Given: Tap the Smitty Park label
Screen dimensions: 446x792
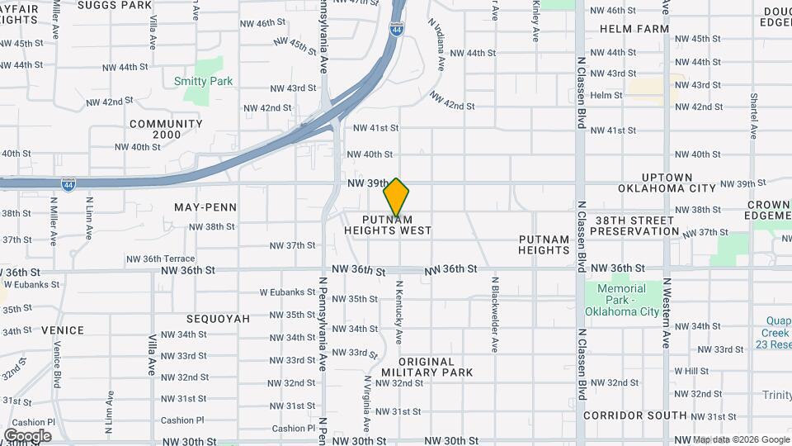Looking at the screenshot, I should click(203, 81).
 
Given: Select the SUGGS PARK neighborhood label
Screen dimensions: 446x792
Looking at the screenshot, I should click(126, 5).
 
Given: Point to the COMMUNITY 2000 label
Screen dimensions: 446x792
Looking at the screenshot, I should click(166, 129).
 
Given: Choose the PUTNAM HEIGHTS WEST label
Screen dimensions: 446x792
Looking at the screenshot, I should click(388, 225).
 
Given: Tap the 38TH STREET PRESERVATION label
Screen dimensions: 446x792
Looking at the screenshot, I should click(626, 225).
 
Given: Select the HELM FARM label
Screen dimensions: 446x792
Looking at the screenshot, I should click(634, 29).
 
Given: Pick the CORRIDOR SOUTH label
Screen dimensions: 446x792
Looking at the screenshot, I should click(634, 415).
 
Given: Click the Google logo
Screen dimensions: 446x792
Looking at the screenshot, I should click(27, 435).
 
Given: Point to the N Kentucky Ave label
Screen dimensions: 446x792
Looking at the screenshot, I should click(399, 313).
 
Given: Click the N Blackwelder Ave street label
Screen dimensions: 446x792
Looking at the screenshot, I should click(495, 315).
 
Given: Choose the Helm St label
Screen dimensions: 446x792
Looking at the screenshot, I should click(606, 96).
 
